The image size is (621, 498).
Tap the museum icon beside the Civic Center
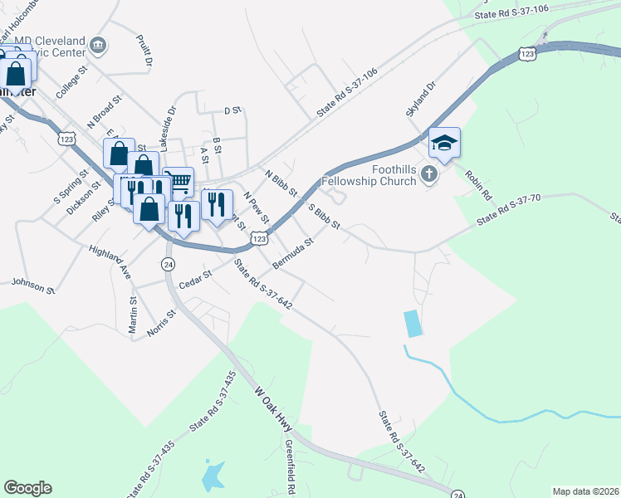point(99,44)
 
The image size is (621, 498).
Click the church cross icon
point(428,173)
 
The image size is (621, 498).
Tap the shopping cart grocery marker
point(178,180)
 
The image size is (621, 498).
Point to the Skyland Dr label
point(420,100)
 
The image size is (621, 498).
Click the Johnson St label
point(33,286)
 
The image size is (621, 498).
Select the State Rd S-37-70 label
point(509,211)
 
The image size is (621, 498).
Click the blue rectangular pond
point(412,323)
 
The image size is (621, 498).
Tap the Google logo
point(27,488)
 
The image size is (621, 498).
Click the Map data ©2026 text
point(585,491)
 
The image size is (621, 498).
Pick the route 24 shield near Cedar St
point(169,264)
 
